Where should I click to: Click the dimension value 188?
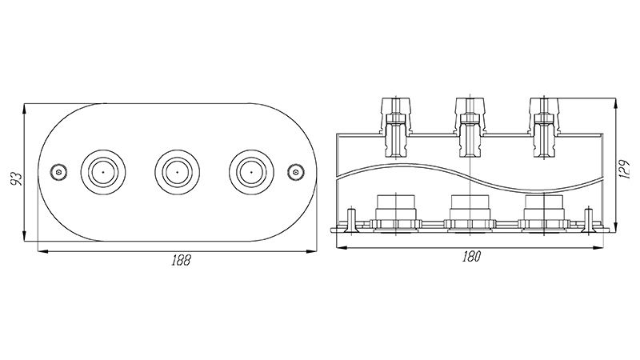click(181, 261)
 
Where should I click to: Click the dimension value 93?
click(15, 179)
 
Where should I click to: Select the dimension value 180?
click(471, 257)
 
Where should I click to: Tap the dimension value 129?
click(625, 169)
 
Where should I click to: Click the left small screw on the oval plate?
click(59, 172)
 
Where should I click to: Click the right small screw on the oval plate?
click(295, 172)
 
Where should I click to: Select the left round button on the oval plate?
click(103, 172)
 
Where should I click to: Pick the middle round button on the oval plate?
click(177, 172)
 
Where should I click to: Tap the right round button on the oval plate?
click(251, 172)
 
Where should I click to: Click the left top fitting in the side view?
click(396, 127)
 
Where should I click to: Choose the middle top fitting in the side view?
click(470, 127)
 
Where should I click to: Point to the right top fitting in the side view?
click(545, 127)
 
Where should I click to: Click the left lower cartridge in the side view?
click(396, 214)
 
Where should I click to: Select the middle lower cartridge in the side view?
click(470, 214)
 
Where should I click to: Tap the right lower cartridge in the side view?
click(545, 214)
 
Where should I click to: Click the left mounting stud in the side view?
click(351, 221)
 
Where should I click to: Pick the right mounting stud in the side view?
click(589, 221)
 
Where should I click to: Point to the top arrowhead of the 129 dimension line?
click(615, 103)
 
